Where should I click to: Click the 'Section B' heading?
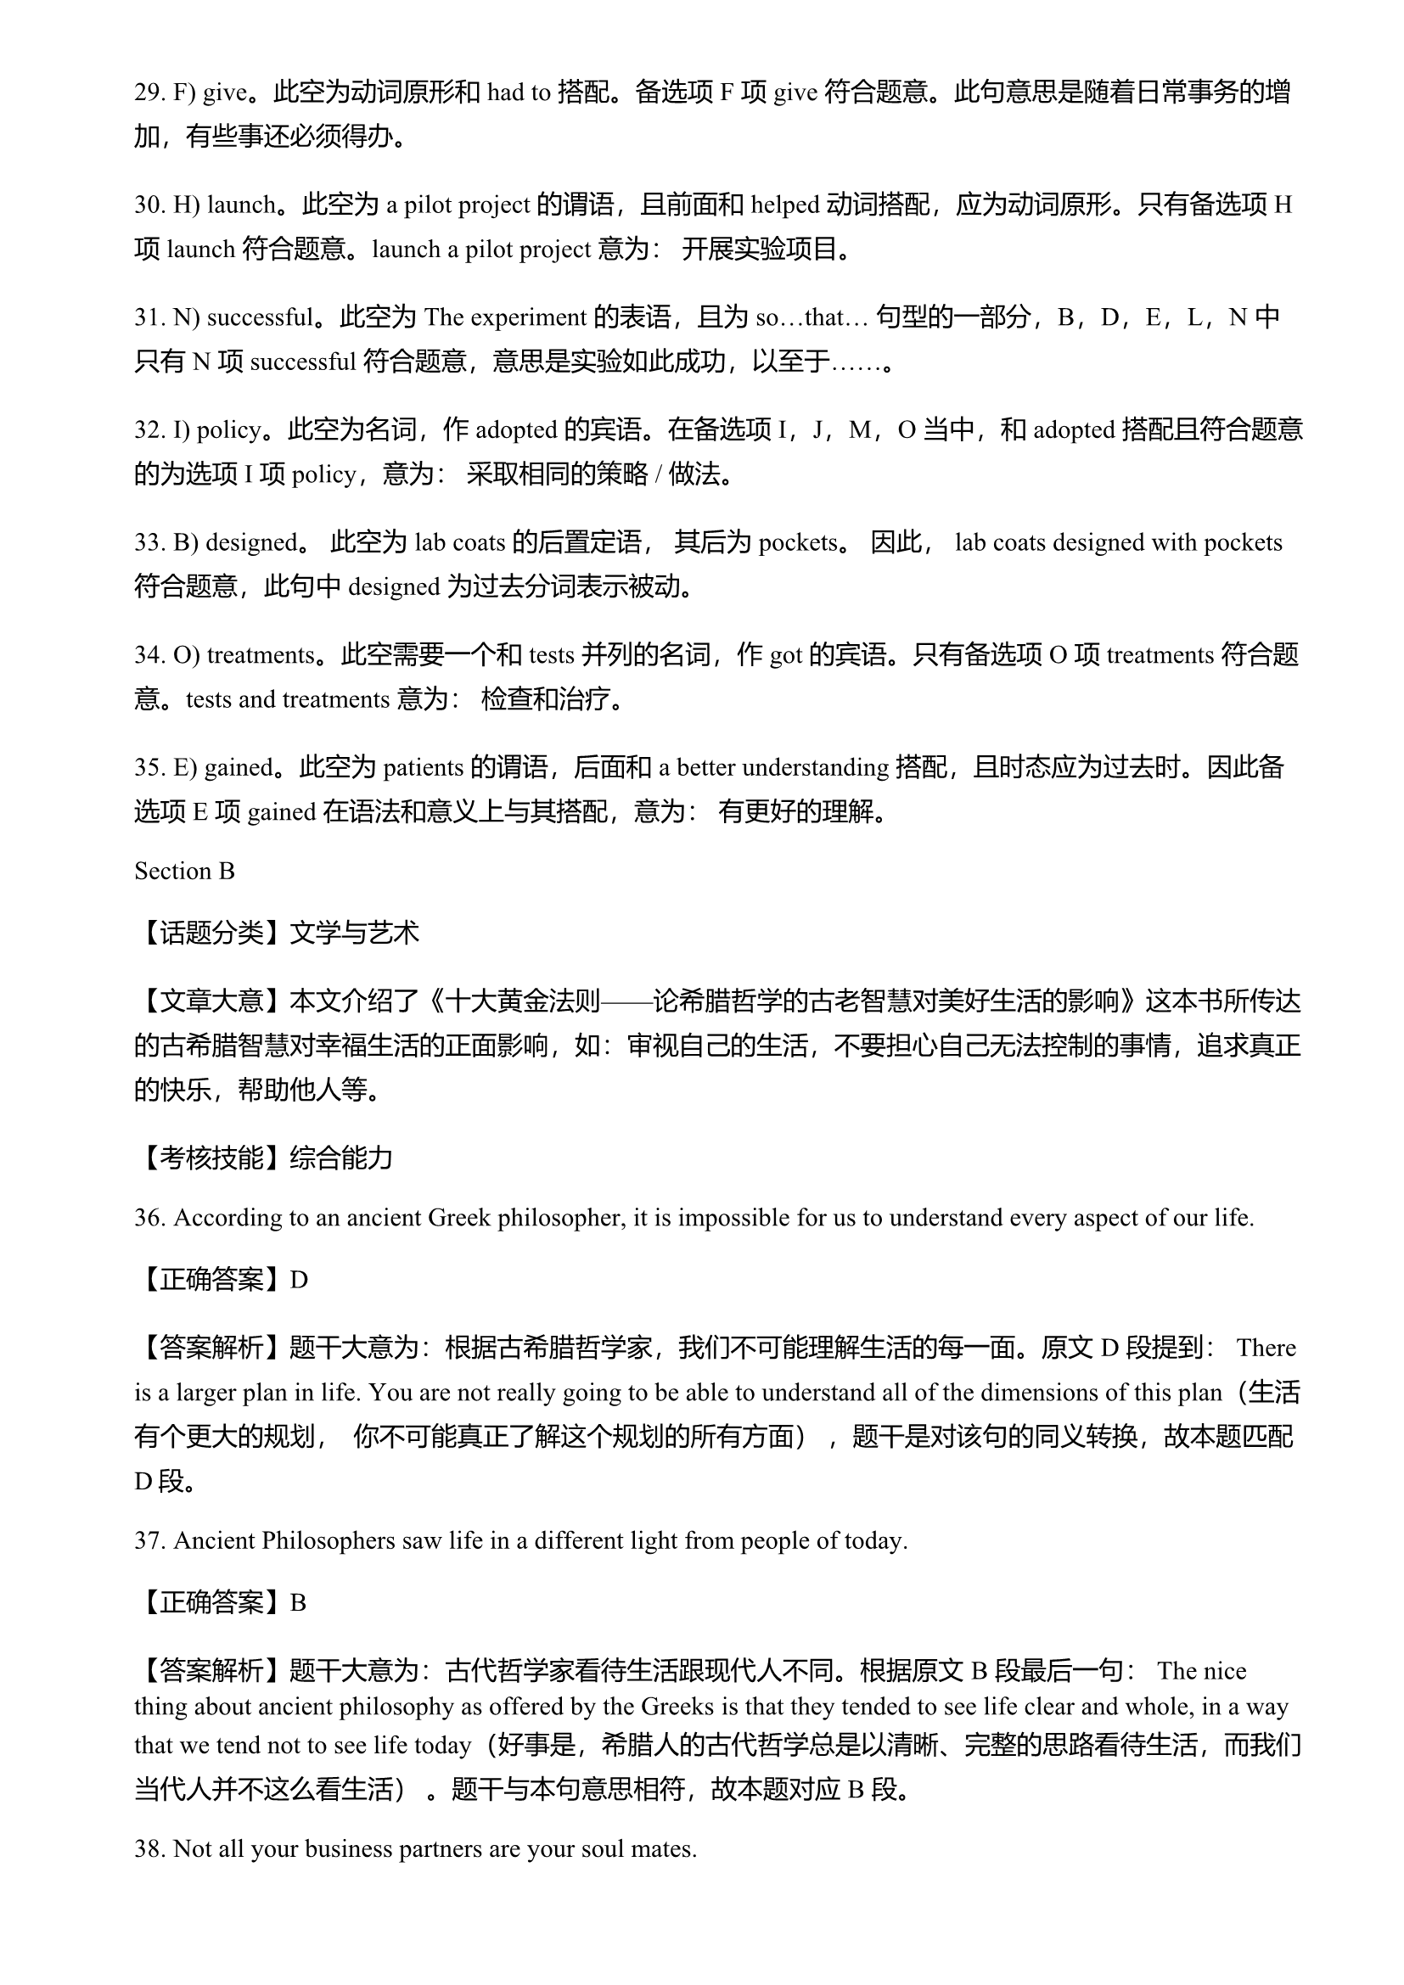(184, 871)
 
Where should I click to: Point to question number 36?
(149, 1218)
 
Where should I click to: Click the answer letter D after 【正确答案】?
(298, 1280)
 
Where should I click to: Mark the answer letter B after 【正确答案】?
(297, 1603)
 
